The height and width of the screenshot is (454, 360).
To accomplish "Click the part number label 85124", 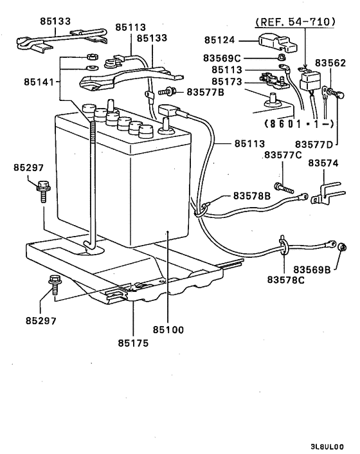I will click(x=221, y=41).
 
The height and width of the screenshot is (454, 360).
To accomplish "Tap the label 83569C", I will click(x=224, y=57).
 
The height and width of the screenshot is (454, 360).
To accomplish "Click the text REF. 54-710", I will click(x=295, y=22).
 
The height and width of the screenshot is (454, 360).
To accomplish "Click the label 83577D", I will click(x=315, y=144).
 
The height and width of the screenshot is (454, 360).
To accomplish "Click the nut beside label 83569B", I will click(x=341, y=248).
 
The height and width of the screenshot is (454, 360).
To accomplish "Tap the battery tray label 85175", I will click(x=133, y=343).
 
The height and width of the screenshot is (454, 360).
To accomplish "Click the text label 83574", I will click(x=323, y=163).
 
